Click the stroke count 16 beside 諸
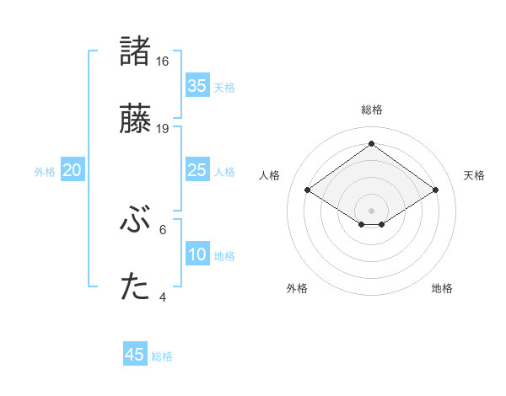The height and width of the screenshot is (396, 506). pos(163,62)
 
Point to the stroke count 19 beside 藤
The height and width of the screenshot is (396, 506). pos(163,129)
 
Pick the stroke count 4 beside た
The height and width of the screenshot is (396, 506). pos(163,297)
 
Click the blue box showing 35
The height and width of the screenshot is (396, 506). pos(196,85)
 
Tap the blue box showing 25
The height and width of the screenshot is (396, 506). pos(196,170)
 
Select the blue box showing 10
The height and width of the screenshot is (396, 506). pos(196,254)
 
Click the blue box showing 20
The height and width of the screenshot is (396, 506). pos(73,170)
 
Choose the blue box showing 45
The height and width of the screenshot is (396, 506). pos(135,355)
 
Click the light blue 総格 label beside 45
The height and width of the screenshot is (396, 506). pos(162,356)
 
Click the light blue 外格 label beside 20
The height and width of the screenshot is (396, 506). pos(45,171)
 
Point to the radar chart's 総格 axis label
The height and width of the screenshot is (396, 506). pos(371,110)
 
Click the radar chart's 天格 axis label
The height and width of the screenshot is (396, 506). pos(475,175)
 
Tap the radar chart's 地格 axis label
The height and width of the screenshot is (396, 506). pos(442,288)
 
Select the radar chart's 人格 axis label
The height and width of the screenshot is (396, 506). pos(270,175)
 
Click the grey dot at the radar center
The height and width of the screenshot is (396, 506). pos(371,210)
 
